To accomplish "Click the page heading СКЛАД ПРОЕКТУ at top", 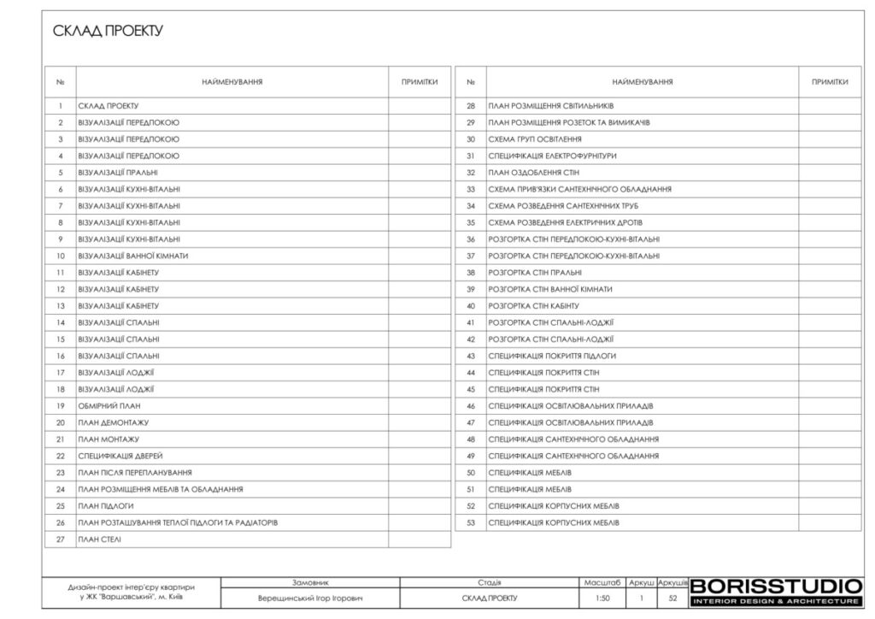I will tap(108, 32).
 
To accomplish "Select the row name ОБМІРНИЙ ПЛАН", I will tap(109, 405).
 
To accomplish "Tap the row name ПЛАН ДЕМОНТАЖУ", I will tap(114, 422).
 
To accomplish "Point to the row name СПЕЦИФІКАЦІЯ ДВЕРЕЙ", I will tap(120, 456).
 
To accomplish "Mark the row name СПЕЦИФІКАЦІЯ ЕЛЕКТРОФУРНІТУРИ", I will tap(552, 156).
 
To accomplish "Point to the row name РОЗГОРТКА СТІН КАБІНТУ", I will tap(534, 305).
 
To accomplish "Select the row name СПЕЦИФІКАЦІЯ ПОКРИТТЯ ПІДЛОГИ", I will tap(552, 356).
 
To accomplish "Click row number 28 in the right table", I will tap(470, 106).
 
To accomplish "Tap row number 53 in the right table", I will tap(470, 522).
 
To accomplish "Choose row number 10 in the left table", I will tap(61, 256).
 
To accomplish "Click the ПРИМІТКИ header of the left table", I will tap(420, 82).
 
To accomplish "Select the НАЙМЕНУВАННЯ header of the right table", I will tap(642, 82).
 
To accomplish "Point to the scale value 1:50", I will tap(602, 598).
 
